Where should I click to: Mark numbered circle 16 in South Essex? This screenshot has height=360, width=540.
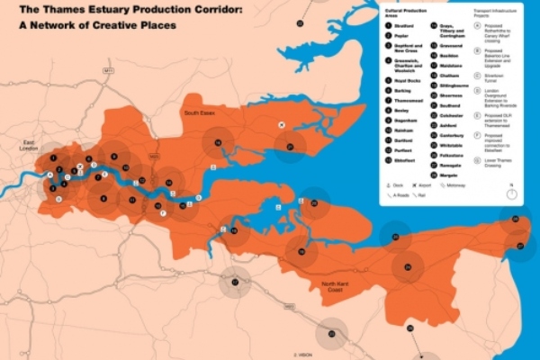point(217,143)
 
